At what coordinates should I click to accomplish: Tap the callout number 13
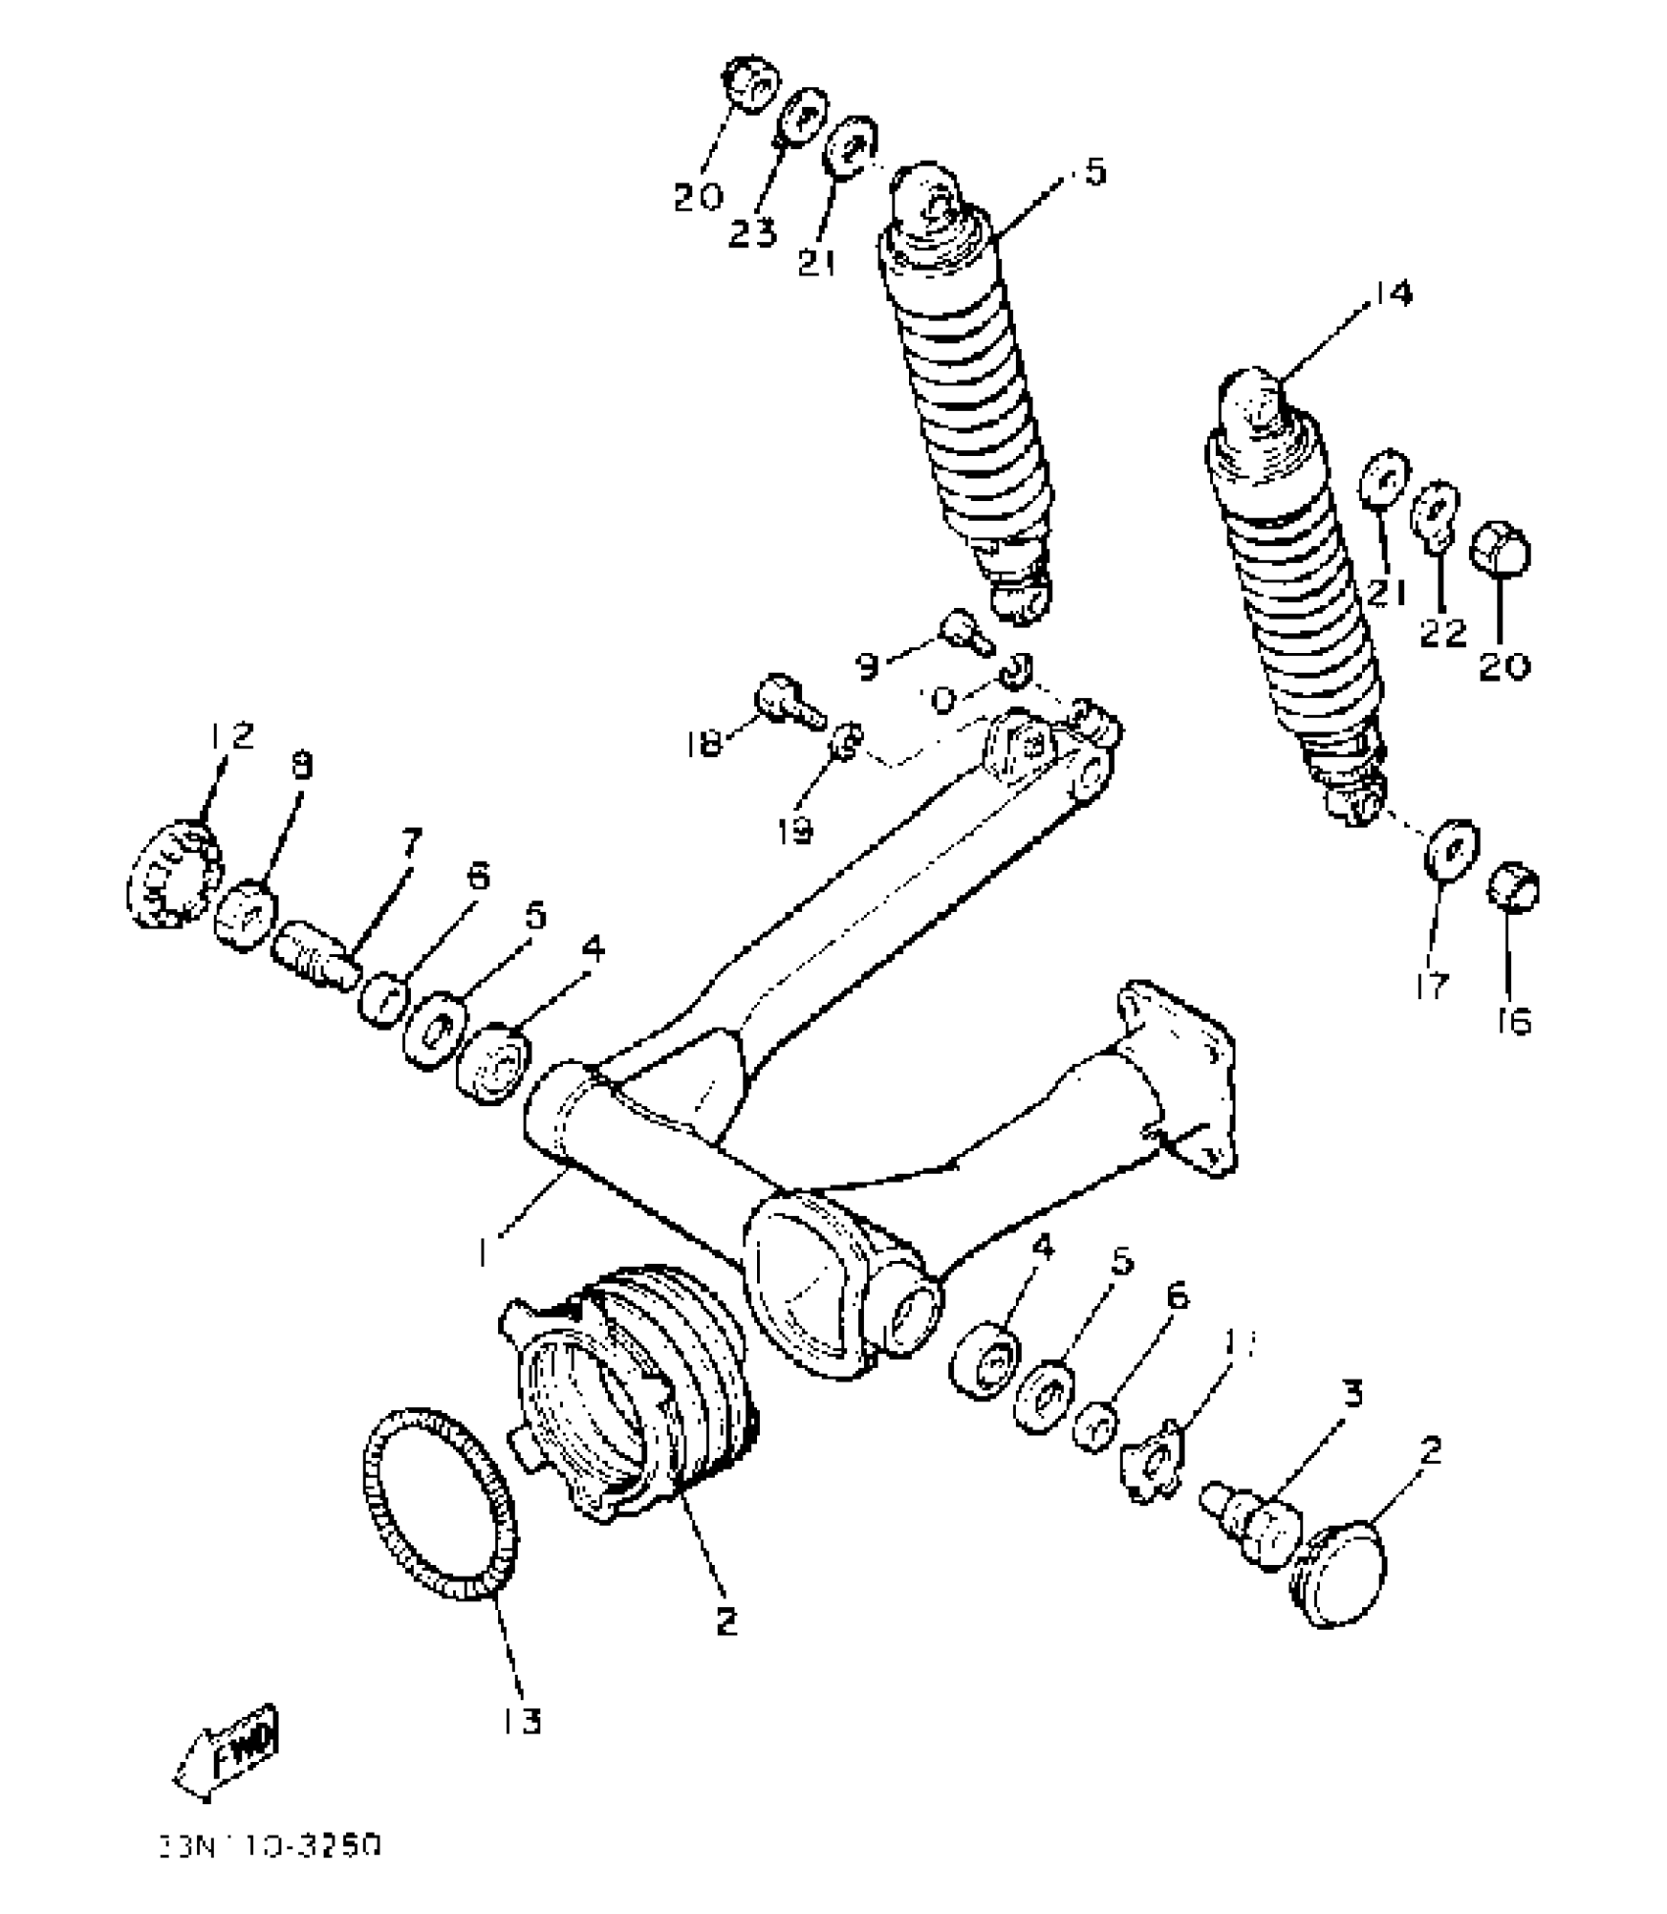click(x=522, y=1720)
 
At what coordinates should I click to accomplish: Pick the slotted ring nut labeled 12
click(x=172, y=874)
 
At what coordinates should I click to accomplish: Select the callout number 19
click(x=795, y=831)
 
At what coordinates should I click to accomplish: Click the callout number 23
click(x=752, y=233)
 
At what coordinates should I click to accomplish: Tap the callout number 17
click(x=1433, y=984)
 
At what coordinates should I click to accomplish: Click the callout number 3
click(x=1352, y=1393)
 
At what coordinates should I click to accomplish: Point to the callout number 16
click(x=1515, y=1022)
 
